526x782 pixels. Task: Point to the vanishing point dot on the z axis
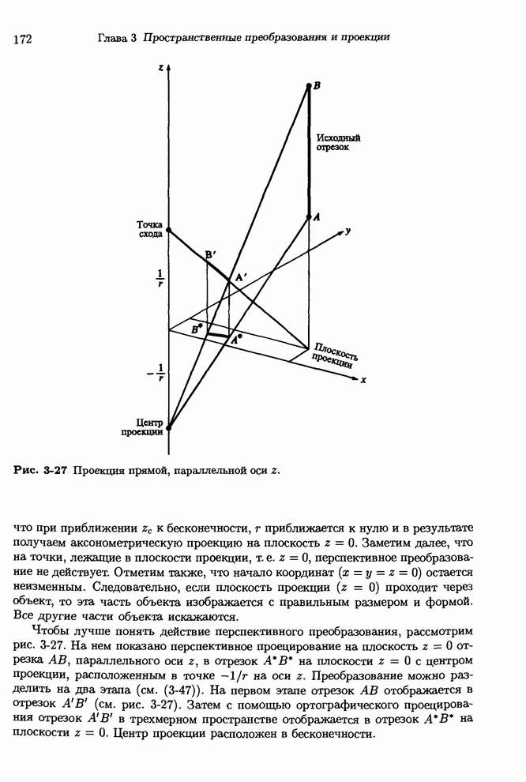(168, 230)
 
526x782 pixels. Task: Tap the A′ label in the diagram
(240, 276)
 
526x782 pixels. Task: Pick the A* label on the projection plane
(236, 338)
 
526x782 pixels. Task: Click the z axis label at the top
(160, 70)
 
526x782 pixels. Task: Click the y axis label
(348, 231)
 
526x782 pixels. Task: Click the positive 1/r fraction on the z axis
(159, 280)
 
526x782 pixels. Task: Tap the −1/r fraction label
(157, 372)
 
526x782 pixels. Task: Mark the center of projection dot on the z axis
(168, 427)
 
